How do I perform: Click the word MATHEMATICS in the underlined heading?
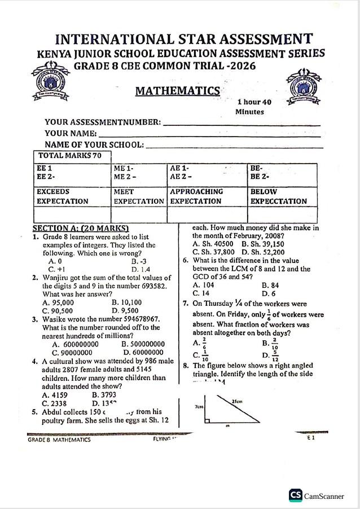pos(177,91)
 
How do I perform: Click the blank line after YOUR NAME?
pos(209,135)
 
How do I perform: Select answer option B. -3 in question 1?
pos(139,262)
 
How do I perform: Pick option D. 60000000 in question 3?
pos(143,352)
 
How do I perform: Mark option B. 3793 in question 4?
pos(104,395)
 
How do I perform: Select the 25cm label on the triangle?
pos(238,401)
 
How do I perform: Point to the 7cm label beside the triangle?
pos(198,406)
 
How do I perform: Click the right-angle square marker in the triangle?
pos(208,421)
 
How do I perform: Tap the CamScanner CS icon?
pos(296,495)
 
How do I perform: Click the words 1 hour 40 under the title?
pos(254,102)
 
